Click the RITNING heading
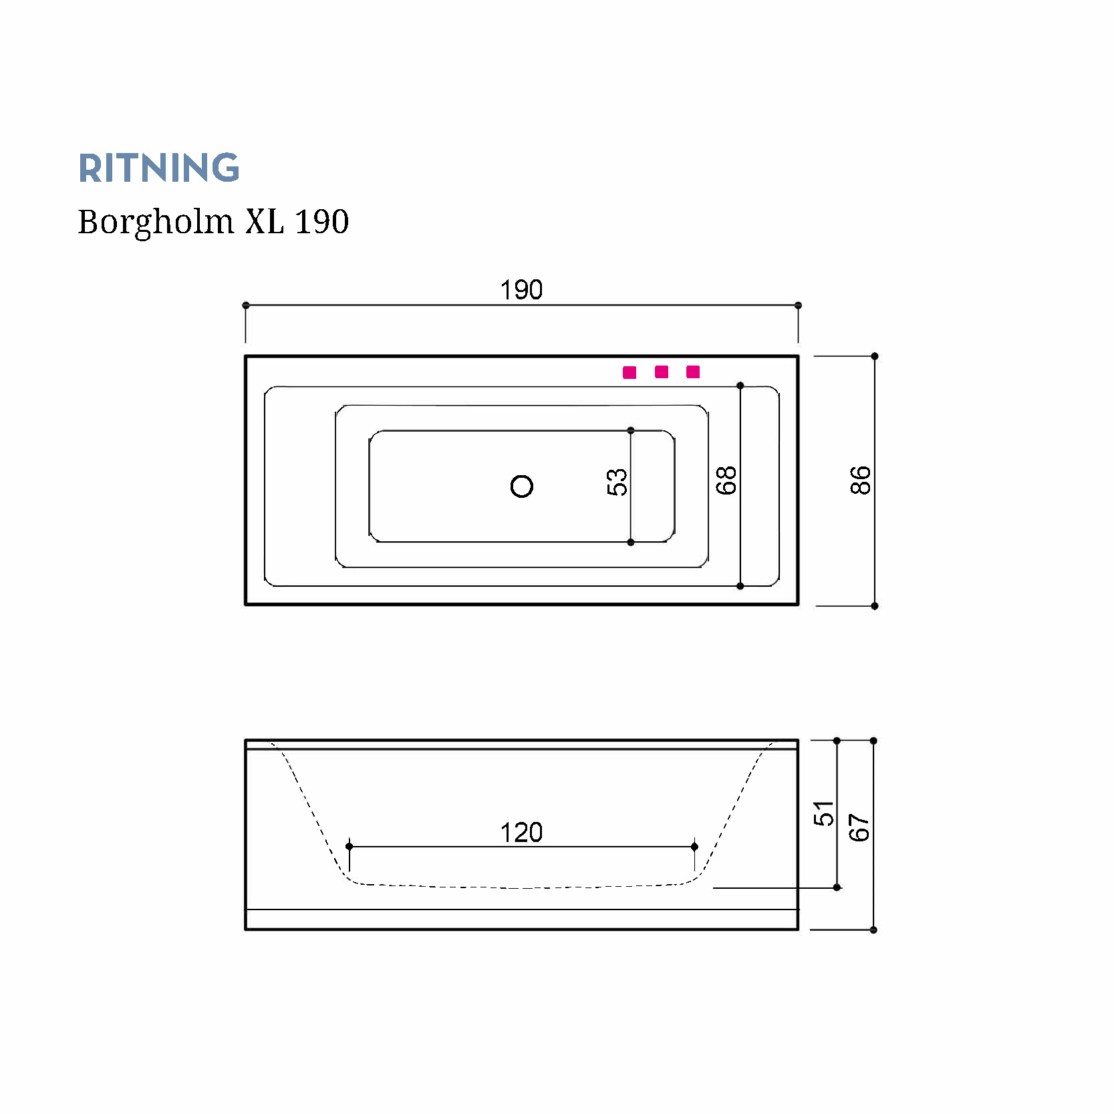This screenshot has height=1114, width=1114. click(x=159, y=168)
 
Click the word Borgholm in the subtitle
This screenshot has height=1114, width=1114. click(x=156, y=222)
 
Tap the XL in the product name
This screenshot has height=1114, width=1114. click(x=264, y=221)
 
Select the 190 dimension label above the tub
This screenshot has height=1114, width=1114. click(x=521, y=290)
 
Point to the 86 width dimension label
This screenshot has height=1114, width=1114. click(x=861, y=480)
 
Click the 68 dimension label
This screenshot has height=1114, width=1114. click(x=726, y=480)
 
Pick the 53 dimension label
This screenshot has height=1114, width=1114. click(x=617, y=482)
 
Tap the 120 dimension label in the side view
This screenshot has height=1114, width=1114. click(x=521, y=833)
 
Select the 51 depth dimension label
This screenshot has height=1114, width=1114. click(x=823, y=813)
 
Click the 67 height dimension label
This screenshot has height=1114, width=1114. click(x=859, y=827)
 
